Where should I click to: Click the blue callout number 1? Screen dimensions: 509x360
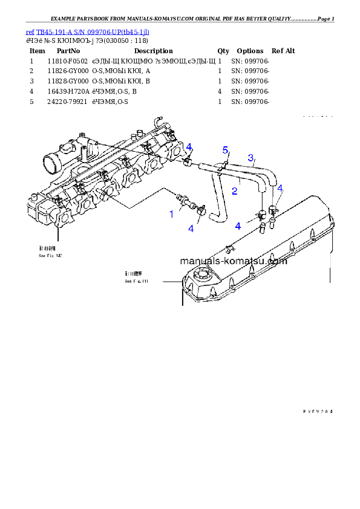(171, 214)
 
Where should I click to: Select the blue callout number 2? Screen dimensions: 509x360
(234, 190)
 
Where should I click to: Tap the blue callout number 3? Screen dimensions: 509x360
(250, 158)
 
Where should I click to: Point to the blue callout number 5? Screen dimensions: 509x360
(225, 149)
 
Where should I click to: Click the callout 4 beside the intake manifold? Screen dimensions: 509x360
(189, 147)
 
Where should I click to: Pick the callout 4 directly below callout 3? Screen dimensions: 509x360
(280, 189)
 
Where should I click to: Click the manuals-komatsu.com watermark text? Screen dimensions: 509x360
(233, 261)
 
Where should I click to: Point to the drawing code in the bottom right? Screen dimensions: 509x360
(318, 411)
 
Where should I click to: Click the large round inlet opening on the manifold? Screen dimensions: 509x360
(50, 162)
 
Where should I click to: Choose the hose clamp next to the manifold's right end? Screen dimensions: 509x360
(188, 161)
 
